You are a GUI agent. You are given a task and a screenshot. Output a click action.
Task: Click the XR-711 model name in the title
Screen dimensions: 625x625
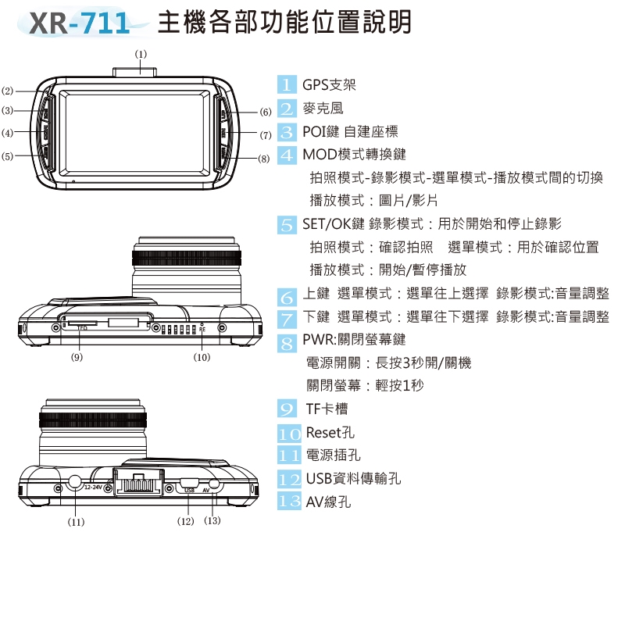80,23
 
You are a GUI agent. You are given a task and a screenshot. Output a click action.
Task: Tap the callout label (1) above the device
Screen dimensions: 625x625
141,54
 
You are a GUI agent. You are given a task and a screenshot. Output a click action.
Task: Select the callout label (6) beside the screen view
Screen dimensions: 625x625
266,112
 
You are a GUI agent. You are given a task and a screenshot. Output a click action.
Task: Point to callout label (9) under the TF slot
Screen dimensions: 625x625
77,357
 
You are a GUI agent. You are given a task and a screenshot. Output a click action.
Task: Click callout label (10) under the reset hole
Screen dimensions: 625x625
202,357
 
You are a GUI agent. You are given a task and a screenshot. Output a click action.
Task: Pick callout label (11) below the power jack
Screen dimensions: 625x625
76,522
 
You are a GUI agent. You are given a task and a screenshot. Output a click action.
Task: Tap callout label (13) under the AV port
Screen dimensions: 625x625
212,520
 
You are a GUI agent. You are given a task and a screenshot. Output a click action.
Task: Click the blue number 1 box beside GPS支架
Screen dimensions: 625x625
287,84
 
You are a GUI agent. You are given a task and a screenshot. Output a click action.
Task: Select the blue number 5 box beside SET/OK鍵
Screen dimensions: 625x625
287,225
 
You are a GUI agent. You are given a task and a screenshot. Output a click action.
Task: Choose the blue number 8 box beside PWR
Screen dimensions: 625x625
287,343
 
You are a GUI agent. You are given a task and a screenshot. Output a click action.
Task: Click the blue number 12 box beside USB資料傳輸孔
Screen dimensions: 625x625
289,479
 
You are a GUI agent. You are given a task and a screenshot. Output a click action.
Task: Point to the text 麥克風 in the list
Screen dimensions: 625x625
323,109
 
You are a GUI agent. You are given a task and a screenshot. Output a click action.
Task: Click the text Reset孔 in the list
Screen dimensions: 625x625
330,433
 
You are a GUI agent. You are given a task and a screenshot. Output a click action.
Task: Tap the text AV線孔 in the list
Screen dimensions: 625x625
328,502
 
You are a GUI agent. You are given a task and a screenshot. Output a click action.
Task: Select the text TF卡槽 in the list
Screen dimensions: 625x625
327,409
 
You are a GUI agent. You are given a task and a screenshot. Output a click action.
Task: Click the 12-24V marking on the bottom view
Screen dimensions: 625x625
94,487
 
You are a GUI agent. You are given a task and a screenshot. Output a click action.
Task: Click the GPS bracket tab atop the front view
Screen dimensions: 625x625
134,72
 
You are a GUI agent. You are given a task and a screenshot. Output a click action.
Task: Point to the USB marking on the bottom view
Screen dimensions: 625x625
189,491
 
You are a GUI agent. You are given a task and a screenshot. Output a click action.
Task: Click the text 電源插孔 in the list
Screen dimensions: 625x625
334,455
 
